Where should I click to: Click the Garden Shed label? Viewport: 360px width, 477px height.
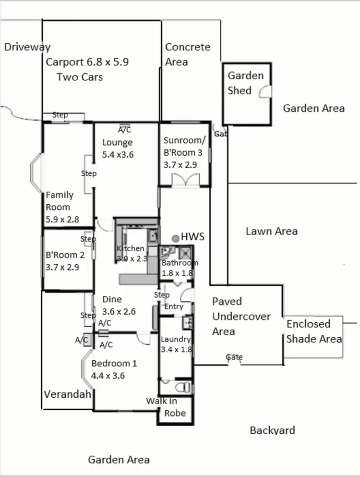245,83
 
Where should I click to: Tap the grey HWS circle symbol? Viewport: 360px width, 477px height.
176,238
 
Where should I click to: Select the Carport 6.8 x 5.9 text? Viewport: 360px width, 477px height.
87,62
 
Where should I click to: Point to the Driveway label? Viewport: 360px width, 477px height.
27,47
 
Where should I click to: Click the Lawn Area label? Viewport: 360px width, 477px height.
271,231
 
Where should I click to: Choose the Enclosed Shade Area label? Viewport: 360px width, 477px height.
314,331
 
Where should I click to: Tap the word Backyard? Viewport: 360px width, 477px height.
272,430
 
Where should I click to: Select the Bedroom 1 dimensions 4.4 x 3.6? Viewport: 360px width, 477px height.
108,376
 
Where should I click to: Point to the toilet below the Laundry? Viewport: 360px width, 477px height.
182,387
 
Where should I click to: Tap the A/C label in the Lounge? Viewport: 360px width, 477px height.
124,130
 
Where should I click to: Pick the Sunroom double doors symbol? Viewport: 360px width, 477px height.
185,180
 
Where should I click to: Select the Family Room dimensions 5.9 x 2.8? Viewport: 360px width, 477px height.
62,220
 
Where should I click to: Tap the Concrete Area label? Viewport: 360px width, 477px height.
187,54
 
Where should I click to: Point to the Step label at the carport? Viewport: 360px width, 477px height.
60,115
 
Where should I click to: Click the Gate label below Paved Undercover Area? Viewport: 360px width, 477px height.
234,357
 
